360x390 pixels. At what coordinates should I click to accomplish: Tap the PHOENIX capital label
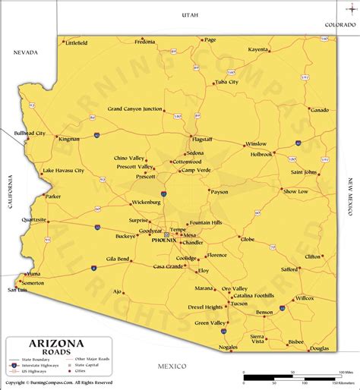[x=163, y=240]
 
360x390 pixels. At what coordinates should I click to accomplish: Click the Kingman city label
[x=69, y=140]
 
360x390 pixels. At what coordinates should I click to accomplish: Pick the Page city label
[x=210, y=39]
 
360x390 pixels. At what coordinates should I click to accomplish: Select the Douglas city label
[x=320, y=348]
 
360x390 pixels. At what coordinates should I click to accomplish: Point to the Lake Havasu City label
[x=63, y=171]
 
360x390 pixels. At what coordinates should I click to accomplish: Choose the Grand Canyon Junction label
[x=134, y=109]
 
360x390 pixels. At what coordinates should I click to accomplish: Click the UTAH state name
[x=189, y=15]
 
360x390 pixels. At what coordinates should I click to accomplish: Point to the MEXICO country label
[x=172, y=366]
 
